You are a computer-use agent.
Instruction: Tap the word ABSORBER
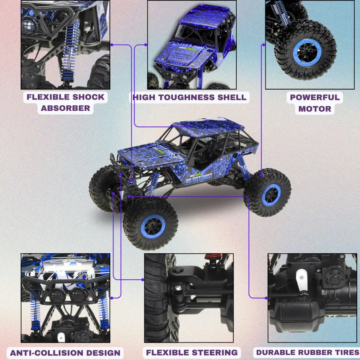click(x=65, y=108)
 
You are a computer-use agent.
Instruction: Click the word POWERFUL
click(x=315, y=97)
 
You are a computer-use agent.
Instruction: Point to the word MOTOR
click(x=315, y=108)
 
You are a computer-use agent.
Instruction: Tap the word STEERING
click(x=215, y=352)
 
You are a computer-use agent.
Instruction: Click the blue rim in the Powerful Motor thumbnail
click(x=307, y=53)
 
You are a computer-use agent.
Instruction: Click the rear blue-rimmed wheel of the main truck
click(x=271, y=195)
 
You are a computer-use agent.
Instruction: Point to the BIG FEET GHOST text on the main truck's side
click(x=199, y=178)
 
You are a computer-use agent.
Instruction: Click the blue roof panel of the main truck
click(x=208, y=127)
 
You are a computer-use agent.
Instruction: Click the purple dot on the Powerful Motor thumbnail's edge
click(x=263, y=45)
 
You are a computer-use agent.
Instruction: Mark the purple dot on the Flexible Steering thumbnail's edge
click(x=143, y=279)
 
